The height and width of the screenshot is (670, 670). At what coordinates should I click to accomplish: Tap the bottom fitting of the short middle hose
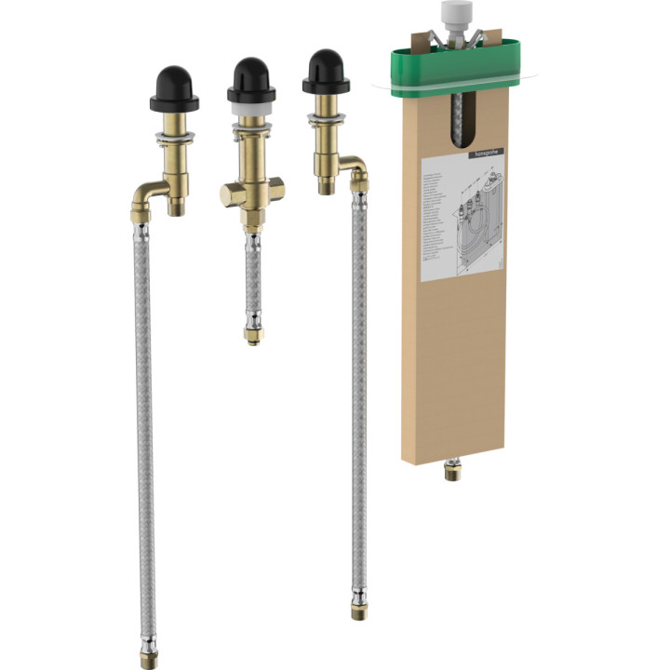[x=251, y=332]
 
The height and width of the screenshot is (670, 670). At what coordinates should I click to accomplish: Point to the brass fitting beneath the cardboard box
[x=452, y=470]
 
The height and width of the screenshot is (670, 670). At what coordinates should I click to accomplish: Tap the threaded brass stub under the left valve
[x=177, y=203]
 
